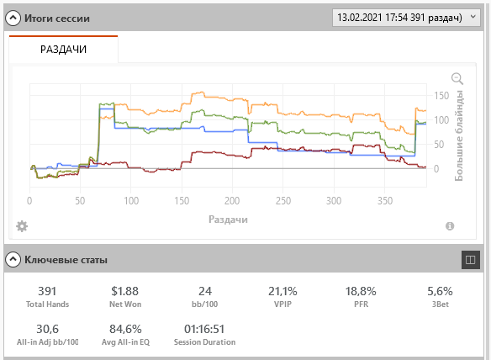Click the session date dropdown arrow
473,17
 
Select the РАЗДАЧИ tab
64,49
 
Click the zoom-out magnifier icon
457,78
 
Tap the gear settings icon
22,226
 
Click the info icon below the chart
450,226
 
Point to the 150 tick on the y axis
441,95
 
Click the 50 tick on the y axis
439,144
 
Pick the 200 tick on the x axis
232,200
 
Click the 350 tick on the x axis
385,200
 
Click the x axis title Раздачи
229,220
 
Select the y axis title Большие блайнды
459,135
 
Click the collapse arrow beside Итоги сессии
13,19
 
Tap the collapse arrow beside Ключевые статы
13,259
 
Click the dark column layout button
470,259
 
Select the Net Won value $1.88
125,291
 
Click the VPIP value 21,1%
282,291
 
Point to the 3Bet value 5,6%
440,291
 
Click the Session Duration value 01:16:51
204,329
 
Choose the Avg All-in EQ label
125,342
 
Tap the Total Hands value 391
47,291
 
